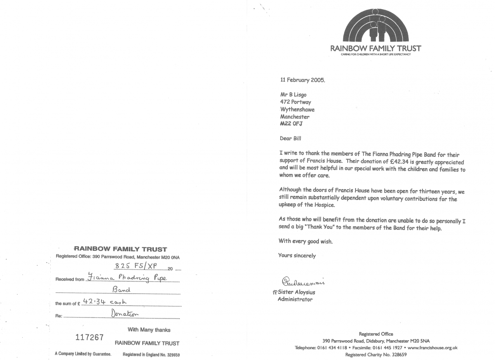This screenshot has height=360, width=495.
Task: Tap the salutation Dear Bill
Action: [x=290, y=139]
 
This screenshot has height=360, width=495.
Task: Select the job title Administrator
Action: [x=295, y=299]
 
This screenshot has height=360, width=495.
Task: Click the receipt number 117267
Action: [x=90, y=337]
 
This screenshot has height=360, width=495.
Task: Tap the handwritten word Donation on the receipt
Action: [x=125, y=314]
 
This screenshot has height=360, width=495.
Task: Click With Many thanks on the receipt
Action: [x=149, y=329]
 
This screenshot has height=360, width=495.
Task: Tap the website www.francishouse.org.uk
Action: [x=432, y=348]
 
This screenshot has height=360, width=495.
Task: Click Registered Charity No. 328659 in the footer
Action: [x=376, y=355]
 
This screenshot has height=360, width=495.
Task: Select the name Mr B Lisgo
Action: [x=293, y=94]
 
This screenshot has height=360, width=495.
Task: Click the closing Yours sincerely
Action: [x=297, y=256]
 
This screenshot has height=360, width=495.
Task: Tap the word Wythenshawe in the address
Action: [x=297, y=109]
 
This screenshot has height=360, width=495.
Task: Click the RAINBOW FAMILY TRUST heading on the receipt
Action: [x=120, y=249]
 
